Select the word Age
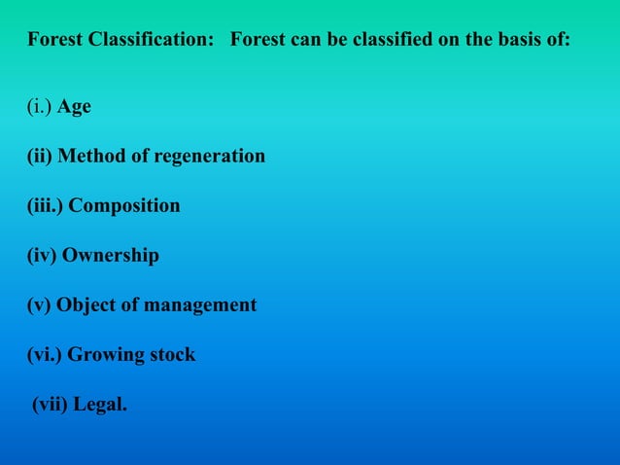click(74, 107)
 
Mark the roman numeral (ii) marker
click(42, 157)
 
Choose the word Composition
click(124, 206)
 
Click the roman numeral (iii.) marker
click(45, 206)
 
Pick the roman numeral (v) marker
click(40, 305)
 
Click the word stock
click(172, 355)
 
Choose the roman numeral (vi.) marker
click(44, 355)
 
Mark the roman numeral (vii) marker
click(51, 405)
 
